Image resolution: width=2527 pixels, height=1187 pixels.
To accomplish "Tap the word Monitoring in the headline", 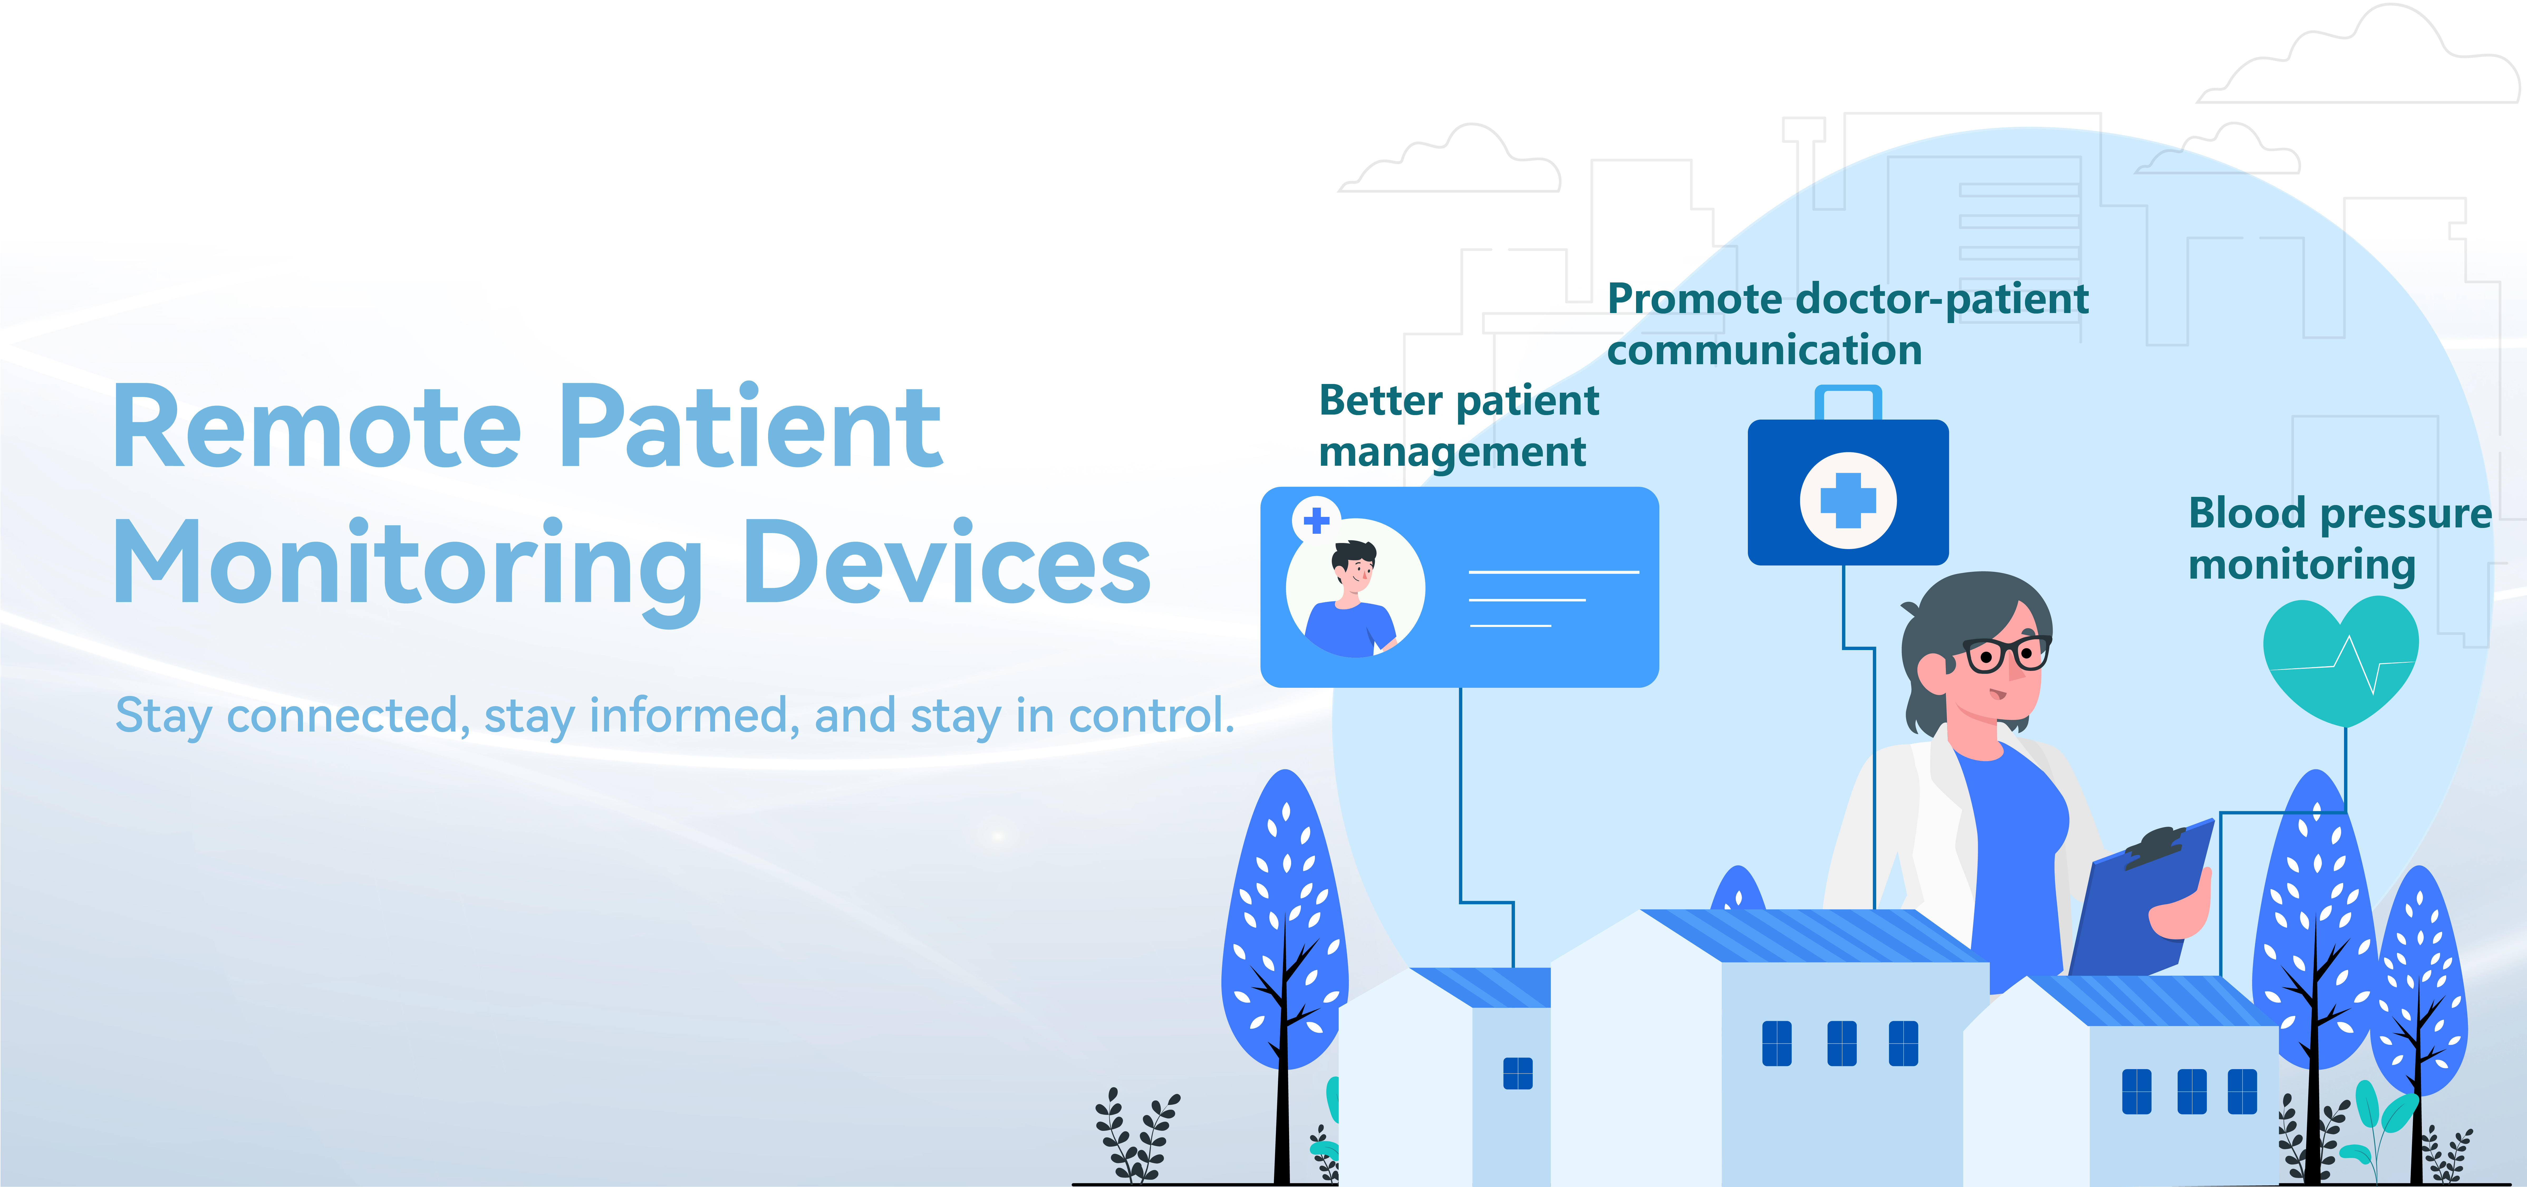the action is pyautogui.click(x=407, y=571).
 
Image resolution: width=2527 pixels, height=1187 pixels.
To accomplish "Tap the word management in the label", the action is pyautogui.click(x=1452, y=452).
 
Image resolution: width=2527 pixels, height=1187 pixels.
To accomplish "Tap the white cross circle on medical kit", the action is pyautogui.click(x=1848, y=500).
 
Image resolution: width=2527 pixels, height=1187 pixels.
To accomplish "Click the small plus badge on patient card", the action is pyautogui.click(x=1316, y=520).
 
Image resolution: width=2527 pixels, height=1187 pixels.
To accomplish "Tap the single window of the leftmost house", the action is pyautogui.click(x=1518, y=1073).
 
